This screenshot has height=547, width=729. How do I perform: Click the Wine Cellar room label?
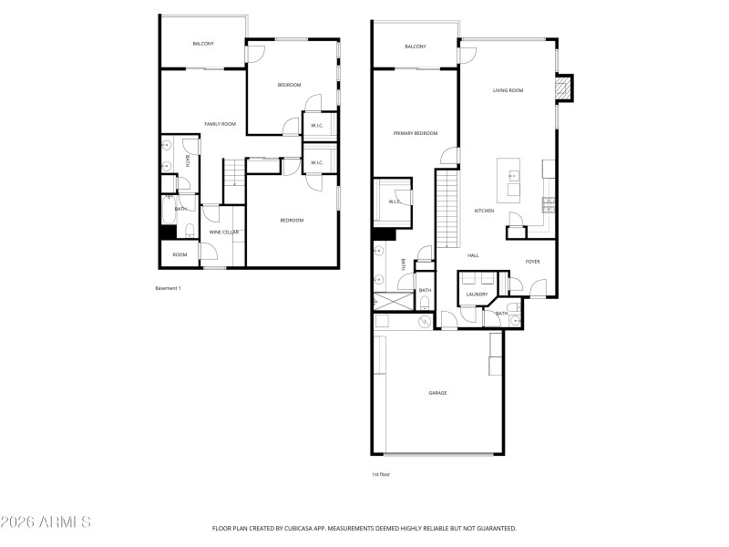pyautogui.click(x=224, y=232)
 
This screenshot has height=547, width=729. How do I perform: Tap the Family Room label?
pyautogui.click(x=220, y=124)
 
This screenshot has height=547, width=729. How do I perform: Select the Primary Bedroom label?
pyautogui.click(x=416, y=133)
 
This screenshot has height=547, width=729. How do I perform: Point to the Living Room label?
pyautogui.click(x=508, y=90)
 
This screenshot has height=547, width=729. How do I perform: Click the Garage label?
pyautogui.click(x=437, y=393)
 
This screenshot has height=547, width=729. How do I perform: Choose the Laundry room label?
pyautogui.click(x=477, y=294)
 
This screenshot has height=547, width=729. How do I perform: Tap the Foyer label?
pyautogui.click(x=533, y=262)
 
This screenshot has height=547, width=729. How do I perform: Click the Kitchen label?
pyautogui.click(x=484, y=212)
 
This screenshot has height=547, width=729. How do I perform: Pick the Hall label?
pyautogui.click(x=473, y=255)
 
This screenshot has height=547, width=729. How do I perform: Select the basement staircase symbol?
pyautogui.click(x=235, y=171)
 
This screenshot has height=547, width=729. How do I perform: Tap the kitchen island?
pyautogui.click(x=508, y=181)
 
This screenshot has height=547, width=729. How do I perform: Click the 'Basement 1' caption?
pyautogui.click(x=169, y=288)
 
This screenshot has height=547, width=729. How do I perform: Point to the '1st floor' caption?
pyautogui.click(x=381, y=474)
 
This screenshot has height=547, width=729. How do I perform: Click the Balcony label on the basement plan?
pyautogui.click(x=202, y=44)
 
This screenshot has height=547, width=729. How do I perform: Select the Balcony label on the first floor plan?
pyautogui.click(x=415, y=46)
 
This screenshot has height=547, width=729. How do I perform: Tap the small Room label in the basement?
pyautogui.click(x=180, y=254)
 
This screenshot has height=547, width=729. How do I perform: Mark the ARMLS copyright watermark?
pyautogui.click(x=46, y=522)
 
